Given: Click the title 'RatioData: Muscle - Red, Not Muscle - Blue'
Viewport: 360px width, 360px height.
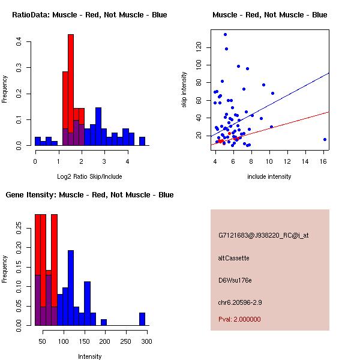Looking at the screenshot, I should click(89, 14).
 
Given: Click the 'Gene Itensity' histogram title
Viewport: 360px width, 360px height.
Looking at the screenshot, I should click(89, 195).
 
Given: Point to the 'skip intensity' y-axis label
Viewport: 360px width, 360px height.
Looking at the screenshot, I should click(185, 90).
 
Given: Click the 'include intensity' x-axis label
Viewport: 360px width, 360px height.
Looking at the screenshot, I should click(269, 176).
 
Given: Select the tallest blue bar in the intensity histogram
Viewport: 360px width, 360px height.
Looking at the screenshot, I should click(71, 288).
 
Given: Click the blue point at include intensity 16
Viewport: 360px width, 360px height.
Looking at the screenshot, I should click(325, 139).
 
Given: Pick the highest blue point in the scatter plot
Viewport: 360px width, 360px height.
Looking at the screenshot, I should click(225, 34).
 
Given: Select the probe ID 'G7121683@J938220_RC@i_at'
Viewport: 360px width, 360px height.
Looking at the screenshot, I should click(263, 235).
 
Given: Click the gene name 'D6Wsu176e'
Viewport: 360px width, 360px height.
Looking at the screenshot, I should click(235, 280).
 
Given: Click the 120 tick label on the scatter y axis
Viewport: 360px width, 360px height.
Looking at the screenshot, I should click(199, 47).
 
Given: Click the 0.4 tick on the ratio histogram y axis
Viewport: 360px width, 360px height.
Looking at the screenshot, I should click(20, 42).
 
